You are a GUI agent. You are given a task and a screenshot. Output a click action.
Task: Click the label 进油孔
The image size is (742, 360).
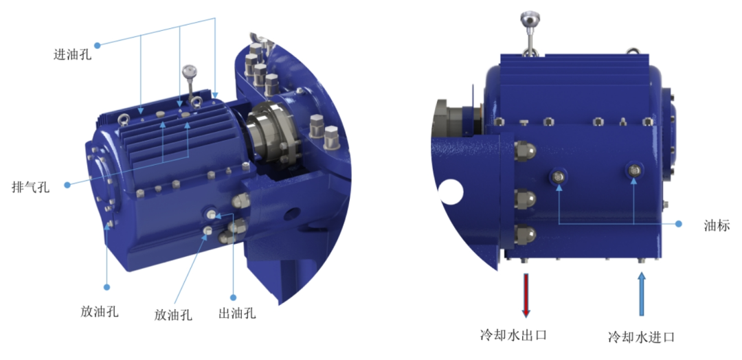pos(73,54)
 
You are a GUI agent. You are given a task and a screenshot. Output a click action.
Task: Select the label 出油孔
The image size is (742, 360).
pos(237,313)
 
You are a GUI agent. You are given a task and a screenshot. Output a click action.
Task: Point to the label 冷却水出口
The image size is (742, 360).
pos(513,335)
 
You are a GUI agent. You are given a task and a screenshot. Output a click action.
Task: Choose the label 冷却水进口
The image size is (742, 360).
pos(641,337)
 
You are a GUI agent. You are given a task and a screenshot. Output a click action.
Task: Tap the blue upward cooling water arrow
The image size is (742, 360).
pos(642,294)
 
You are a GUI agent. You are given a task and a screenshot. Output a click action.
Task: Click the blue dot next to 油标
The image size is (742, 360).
pos(679,224)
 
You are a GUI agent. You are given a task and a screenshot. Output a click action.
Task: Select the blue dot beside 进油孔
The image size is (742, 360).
pos(97,45)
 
